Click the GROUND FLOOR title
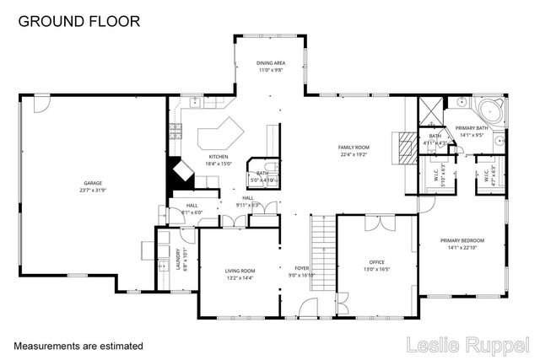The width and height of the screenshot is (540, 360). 79,21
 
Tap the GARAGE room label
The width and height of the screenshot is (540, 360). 93,184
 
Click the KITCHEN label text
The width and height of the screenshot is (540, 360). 219,158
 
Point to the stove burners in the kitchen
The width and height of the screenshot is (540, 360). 175,130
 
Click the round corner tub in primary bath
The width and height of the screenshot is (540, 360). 490,110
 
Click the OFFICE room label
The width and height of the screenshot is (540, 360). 376,262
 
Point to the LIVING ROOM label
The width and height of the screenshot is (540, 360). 240,271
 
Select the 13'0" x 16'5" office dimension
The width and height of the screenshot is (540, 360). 376,270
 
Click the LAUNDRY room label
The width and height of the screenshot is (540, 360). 178,256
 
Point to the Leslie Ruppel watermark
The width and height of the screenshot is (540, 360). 468,344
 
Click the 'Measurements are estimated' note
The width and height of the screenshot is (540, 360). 78,346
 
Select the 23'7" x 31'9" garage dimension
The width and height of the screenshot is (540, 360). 93,191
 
